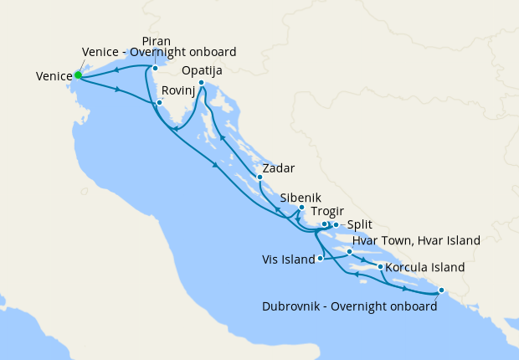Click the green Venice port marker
click(x=78, y=75)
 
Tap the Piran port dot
click(x=155, y=68)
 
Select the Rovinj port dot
click(x=158, y=103)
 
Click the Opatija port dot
click(x=202, y=83)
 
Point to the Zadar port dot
click(x=259, y=177)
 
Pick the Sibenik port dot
click(x=301, y=208)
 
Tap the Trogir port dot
click(x=324, y=224)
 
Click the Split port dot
click(x=336, y=224)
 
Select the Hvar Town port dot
click(x=349, y=251)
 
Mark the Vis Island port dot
click(x=321, y=259)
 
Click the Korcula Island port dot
click(x=381, y=267)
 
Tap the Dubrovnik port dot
click(x=441, y=292)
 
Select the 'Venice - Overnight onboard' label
click(x=159, y=52)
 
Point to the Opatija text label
click(x=201, y=71)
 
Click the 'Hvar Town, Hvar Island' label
click(x=416, y=240)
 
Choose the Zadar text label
click(x=278, y=168)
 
